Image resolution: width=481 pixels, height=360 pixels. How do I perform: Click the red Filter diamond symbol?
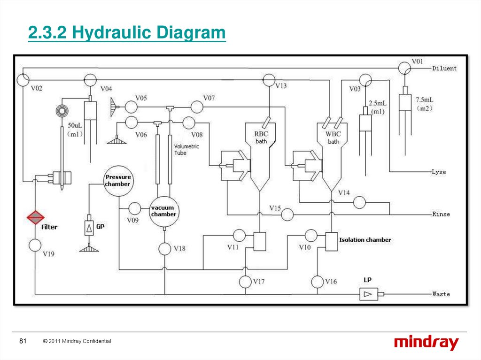click(x=35, y=217)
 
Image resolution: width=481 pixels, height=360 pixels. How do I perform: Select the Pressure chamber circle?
click(x=118, y=181)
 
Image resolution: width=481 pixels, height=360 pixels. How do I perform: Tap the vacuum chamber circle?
click(x=164, y=212)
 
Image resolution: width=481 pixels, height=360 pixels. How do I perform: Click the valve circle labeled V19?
click(x=35, y=245)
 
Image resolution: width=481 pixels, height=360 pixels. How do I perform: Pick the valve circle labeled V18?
click(x=165, y=249)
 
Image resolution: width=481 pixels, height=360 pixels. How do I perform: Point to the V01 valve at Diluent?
click(x=404, y=68)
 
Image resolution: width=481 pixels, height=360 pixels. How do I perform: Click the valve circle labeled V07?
click(x=197, y=107)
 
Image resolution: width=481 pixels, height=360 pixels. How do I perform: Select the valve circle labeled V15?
click(x=287, y=214)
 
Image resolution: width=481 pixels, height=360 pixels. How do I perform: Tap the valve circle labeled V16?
click(x=317, y=282)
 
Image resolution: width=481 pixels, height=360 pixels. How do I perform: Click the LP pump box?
click(x=368, y=294)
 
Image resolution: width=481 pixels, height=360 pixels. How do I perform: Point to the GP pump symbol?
click(x=89, y=228)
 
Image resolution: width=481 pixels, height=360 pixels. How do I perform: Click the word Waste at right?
click(x=441, y=294)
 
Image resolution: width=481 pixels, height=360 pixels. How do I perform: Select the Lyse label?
click(x=439, y=172)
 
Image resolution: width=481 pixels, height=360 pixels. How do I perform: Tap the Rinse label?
click(x=441, y=214)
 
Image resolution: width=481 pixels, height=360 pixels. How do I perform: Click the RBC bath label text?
click(x=261, y=138)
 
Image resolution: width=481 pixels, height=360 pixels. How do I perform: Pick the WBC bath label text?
click(x=333, y=138)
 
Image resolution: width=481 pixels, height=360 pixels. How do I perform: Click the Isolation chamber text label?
click(x=365, y=240)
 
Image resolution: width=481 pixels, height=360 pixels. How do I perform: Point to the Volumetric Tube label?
click(x=186, y=150)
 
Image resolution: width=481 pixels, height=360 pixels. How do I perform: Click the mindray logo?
click(x=427, y=343)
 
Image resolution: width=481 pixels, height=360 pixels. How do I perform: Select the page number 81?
click(x=23, y=341)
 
